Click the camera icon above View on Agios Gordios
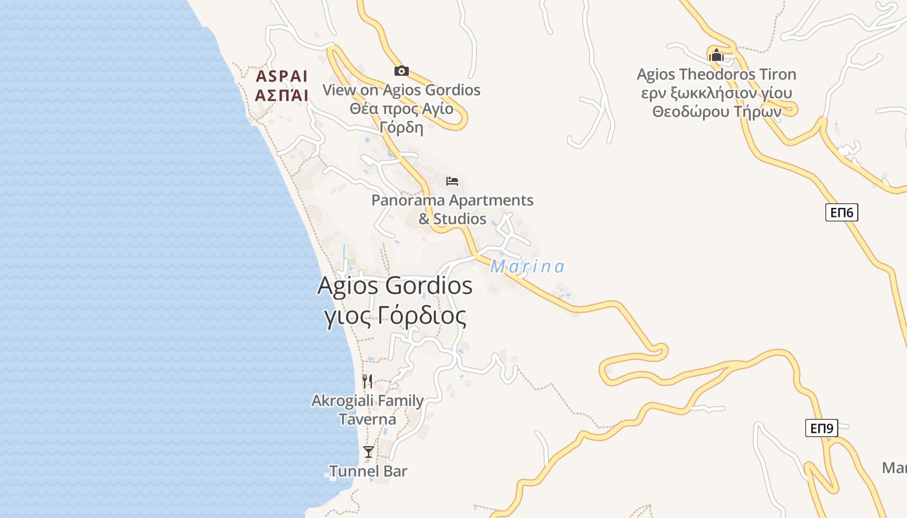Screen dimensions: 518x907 [x=401, y=71]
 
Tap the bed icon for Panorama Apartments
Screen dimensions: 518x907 [x=452, y=181]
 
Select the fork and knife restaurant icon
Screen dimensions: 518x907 [x=367, y=381]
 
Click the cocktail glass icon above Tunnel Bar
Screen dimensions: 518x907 [x=369, y=451]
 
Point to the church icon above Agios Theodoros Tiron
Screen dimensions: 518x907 [x=716, y=55]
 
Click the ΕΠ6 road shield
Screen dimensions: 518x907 [x=842, y=212]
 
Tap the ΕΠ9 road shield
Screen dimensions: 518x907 [x=822, y=427]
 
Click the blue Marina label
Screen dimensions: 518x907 [x=527, y=267]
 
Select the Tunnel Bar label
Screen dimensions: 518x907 [x=368, y=471]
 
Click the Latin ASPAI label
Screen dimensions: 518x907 [x=282, y=76]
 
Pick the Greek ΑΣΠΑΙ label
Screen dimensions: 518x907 [x=282, y=96]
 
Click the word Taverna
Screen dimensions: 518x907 [x=367, y=419]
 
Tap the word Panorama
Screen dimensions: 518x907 [x=408, y=200]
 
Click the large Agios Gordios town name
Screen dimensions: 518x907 [x=395, y=286]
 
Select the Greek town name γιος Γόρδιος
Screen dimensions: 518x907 [x=395, y=316]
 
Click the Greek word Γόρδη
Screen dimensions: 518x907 [x=402, y=127]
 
